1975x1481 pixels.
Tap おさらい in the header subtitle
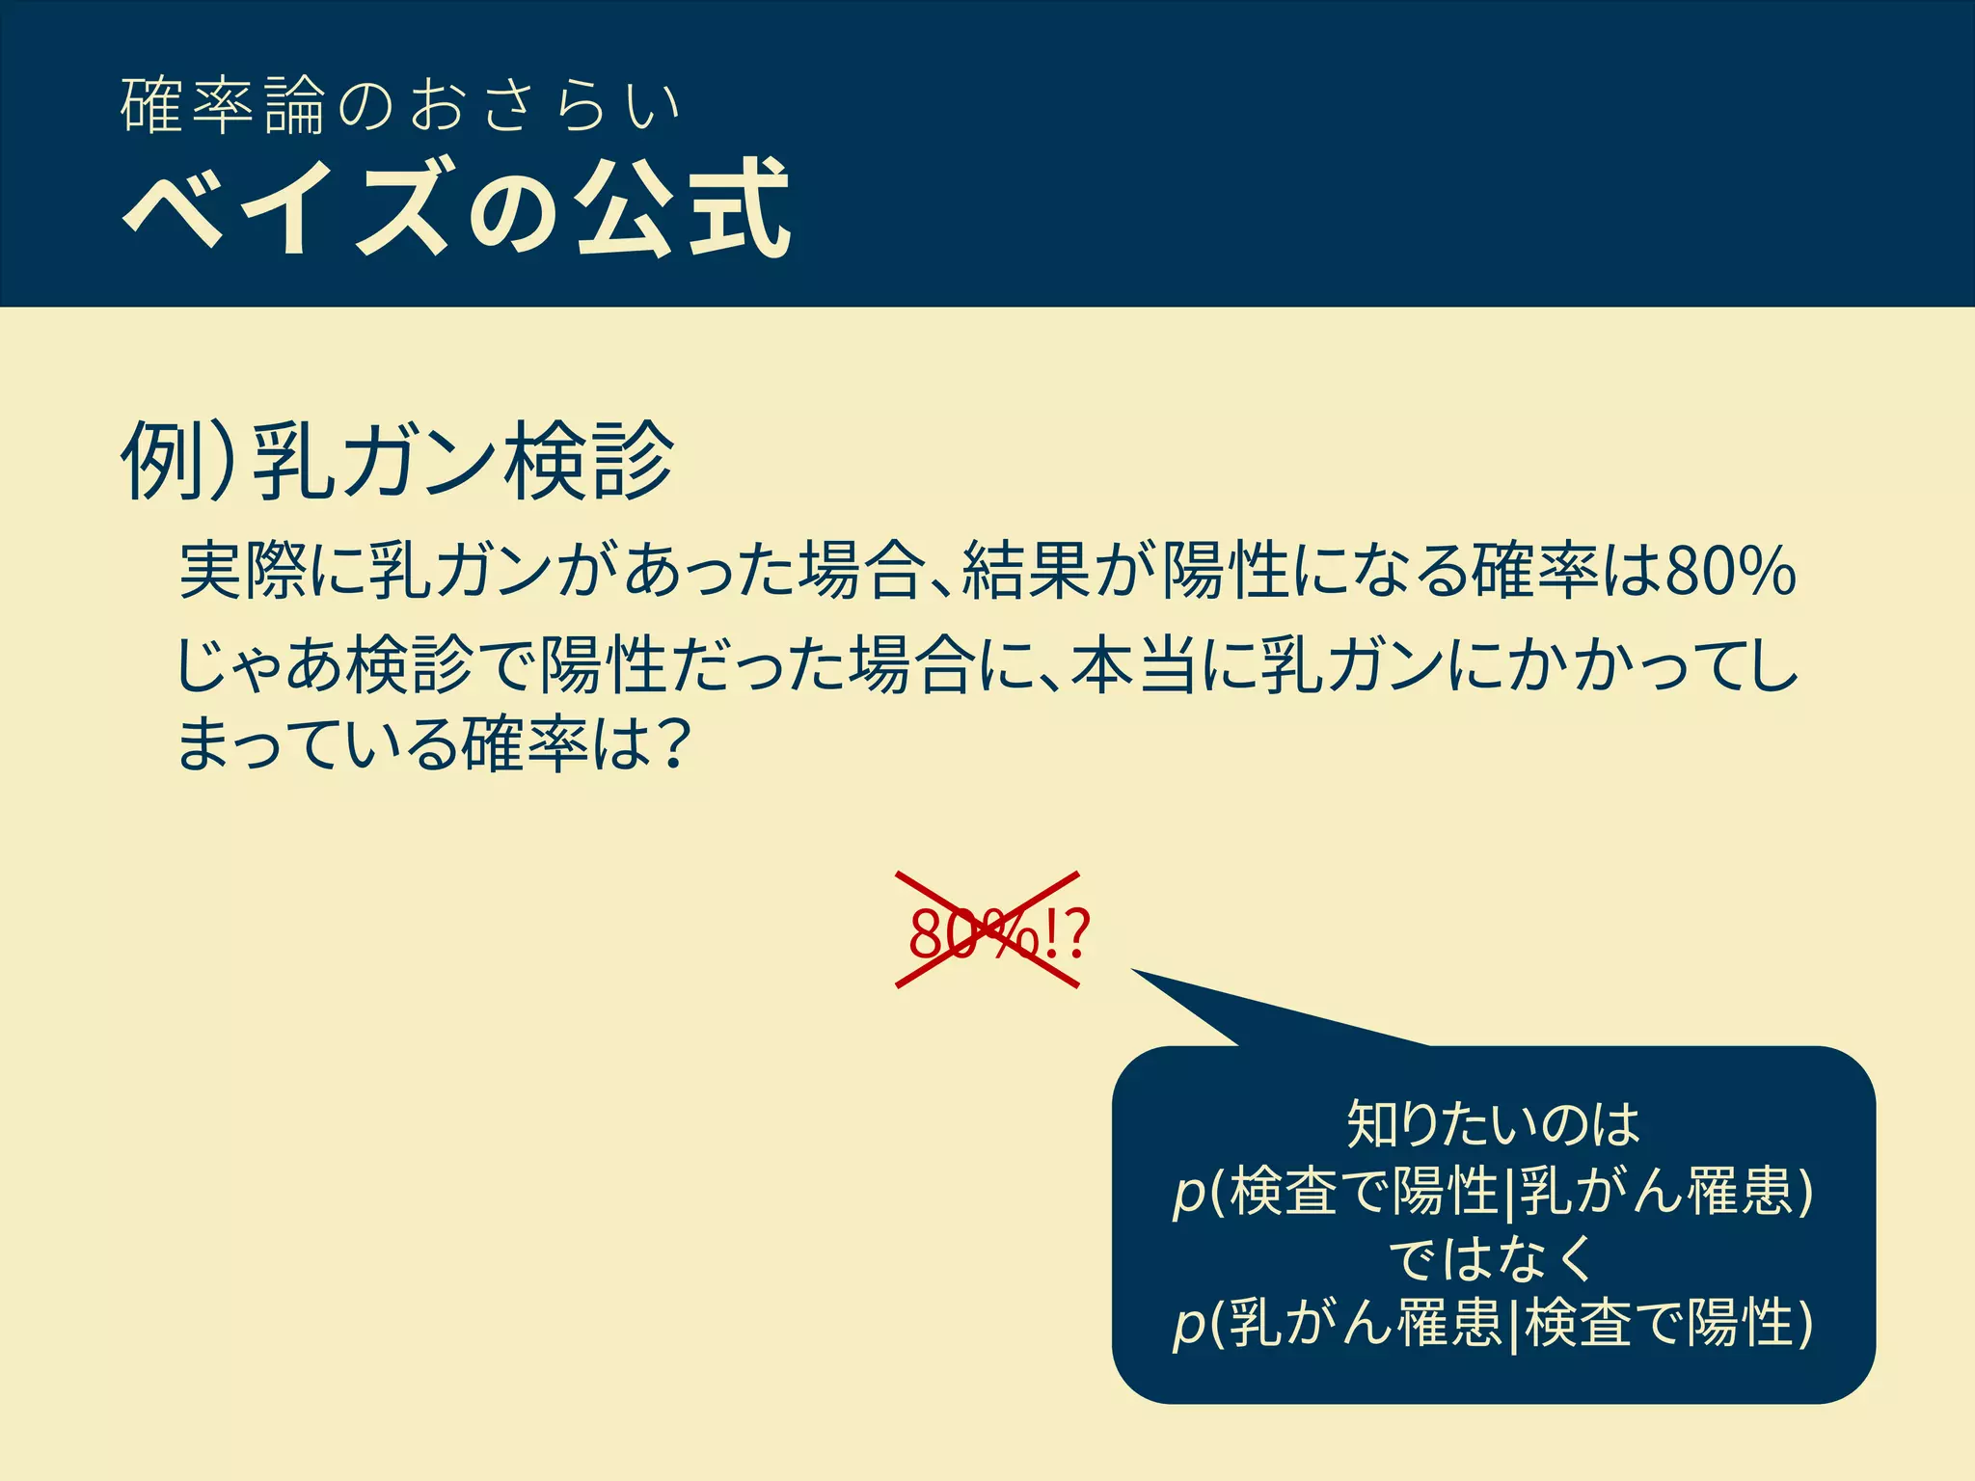tap(546, 105)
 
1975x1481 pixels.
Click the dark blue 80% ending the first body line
tap(1730, 572)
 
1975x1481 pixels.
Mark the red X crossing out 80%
tap(987, 929)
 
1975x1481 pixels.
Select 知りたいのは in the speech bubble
tap(1493, 1124)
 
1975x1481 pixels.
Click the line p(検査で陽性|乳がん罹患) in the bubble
tap(1493, 1192)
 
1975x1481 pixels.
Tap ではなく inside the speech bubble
tap(1493, 1258)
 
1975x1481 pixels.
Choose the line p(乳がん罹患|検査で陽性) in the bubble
tap(1493, 1323)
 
